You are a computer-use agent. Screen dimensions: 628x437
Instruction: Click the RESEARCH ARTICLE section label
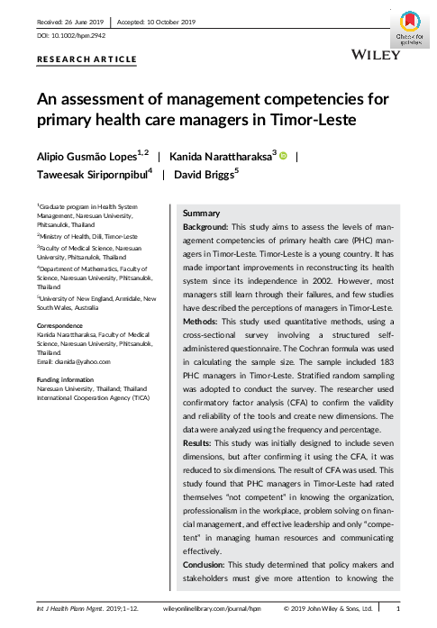(x=86, y=59)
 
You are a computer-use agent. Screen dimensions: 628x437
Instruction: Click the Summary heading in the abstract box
(x=202, y=213)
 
